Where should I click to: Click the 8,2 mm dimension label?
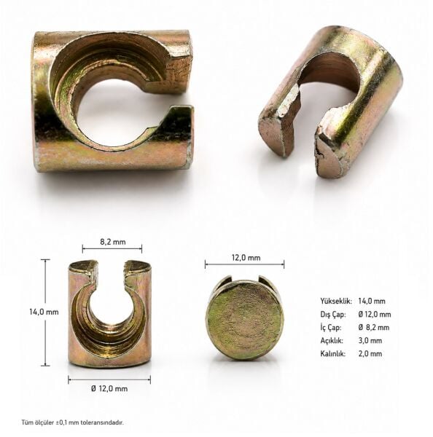pyautogui.click(x=113, y=242)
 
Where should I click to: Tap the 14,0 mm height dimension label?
pyautogui.click(x=44, y=312)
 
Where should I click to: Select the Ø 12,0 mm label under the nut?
pyautogui.click(x=109, y=388)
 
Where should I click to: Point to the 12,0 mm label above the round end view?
pyautogui.click(x=246, y=258)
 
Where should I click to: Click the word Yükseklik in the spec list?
pyautogui.click(x=336, y=302)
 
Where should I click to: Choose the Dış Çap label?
pyautogui.click(x=333, y=315)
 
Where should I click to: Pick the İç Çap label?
pyautogui.click(x=331, y=328)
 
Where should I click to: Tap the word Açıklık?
pyautogui.click(x=332, y=341)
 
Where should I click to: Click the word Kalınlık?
pyautogui.click(x=333, y=354)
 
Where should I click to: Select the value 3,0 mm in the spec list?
pyautogui.click(x=370, y=341)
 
